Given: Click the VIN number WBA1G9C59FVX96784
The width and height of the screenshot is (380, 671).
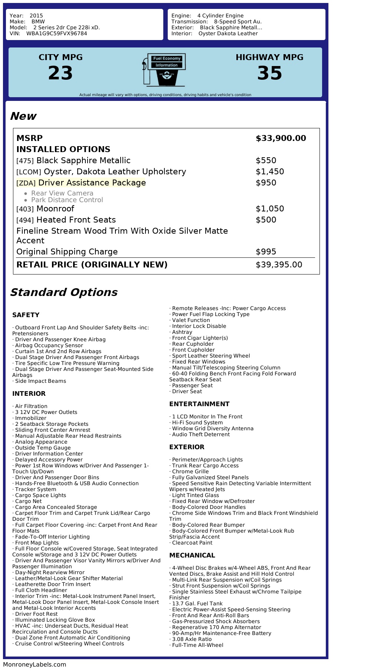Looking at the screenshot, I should (x=56, y=33).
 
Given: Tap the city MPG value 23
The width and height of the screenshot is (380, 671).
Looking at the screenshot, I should (x=60, y=73).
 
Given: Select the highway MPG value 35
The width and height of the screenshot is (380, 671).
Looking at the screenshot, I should (x=269, y=73).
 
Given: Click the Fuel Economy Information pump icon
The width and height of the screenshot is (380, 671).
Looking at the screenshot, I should (x=164, y=70).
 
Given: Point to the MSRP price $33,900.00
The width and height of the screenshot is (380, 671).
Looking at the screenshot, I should (x=281, y=138).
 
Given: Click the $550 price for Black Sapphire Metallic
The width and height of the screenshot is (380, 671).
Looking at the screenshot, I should (x=266, y=161).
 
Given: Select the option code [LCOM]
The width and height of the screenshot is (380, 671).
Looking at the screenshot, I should (x=29, y=172).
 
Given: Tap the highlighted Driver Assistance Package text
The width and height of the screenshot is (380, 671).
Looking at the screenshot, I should (x=92, y=183).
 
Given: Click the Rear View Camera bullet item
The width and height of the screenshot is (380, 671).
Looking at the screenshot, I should (x=62, y=193).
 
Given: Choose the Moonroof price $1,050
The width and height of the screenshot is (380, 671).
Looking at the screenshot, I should (x=270, y=209).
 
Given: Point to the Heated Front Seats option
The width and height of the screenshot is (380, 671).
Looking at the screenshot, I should (x=76, y=220).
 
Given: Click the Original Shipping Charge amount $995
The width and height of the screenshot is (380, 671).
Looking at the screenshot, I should (x=266, y=252).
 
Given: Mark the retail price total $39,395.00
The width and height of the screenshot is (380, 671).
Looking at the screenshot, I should (x=279, y=265).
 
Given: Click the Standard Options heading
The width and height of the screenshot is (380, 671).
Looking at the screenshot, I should (x=63, y=292).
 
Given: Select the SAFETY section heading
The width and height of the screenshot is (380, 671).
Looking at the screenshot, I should (x=26, y=315).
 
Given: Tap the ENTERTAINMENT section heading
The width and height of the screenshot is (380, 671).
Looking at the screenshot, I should (x=199, y=404).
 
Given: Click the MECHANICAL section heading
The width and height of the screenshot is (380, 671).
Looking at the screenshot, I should (x=192, y=555).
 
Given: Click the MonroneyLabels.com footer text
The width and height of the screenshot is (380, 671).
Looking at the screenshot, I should (x=35, y=664).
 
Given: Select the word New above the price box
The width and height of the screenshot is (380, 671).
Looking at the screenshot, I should (x=23, y=116).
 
